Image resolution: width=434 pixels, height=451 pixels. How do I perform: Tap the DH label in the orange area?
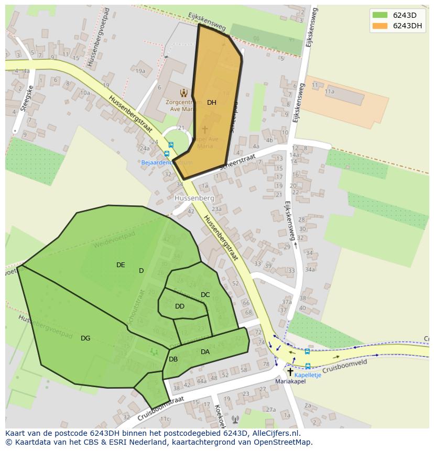(211, 103)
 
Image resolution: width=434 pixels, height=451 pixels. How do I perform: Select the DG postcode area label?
(85, 338)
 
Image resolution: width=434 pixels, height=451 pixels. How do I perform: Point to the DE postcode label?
(121, 265)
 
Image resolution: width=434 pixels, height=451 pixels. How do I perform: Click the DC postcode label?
(205, 295)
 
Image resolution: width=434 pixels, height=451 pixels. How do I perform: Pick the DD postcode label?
(180, 306)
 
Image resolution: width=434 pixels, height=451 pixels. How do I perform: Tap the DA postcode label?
(205, 352)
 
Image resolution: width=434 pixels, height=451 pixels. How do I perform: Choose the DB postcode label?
(173, 359)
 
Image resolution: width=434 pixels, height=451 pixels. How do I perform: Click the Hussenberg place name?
(195, 199)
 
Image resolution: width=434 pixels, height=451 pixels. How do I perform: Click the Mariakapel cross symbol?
(290, 371)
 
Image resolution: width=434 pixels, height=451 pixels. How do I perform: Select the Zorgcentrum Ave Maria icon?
(183, 93)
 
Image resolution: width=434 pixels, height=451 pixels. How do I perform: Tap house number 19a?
(140, 71)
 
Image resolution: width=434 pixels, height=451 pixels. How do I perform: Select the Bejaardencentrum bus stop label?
(167, 162)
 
